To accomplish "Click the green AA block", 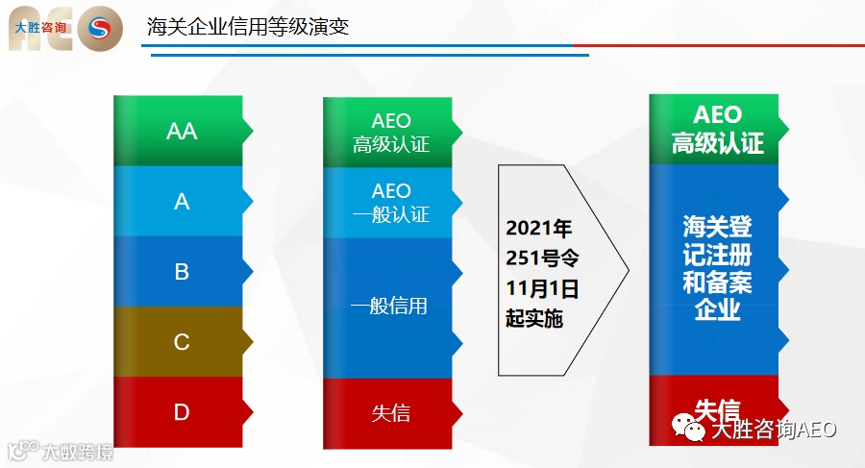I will pos(182,131).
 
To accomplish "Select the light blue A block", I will pos(182,202).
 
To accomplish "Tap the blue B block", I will pos(182,272).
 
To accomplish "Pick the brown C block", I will pos(182,342).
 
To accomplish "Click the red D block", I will pos(182,412).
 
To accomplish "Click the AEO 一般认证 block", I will pos(391,202).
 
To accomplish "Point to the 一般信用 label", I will pos(389,307).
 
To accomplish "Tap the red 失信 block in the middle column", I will pos(391,413).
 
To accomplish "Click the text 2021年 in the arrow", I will pos(539,229).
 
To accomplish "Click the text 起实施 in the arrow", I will pos(534,319).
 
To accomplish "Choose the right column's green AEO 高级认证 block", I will pos(718,130).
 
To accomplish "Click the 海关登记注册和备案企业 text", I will pos(718,268).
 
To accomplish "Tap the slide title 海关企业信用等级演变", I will pos(248,26).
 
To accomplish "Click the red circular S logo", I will pos(99,30).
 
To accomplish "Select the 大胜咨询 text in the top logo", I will pos(41,29).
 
